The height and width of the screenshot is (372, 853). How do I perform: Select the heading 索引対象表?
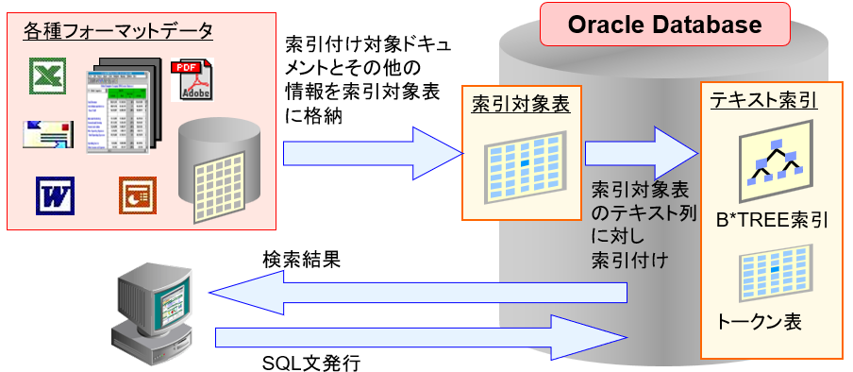[521, 105]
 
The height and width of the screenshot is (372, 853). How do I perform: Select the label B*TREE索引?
[772, 221]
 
